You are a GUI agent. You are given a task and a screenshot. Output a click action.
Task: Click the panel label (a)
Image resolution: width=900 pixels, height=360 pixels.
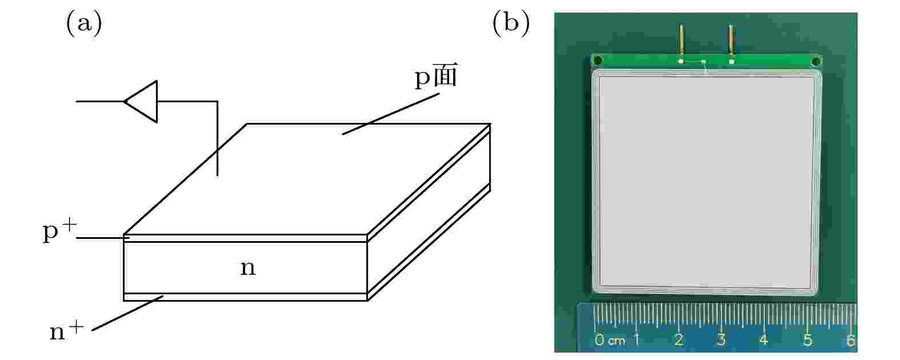click(x=84, y=23)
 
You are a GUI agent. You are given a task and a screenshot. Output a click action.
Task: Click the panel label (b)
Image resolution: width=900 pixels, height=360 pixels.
click(x=511, y=23)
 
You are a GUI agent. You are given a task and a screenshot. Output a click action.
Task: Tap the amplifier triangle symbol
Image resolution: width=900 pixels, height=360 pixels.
click(x=141, y=102)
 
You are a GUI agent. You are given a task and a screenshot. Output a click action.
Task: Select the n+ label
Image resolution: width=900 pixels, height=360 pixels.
click(x=67, y=331)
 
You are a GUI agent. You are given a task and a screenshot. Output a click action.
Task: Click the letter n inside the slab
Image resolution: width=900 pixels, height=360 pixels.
click(x=248, y=268)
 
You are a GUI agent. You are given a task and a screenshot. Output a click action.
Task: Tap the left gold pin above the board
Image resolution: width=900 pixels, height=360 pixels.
click(x=681, y=40)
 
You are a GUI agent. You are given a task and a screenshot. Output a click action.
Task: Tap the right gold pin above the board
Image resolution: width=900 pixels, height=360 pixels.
click(x=731, y=40)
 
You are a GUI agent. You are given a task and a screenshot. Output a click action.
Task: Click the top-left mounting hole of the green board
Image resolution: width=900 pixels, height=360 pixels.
click(x=598, y=61)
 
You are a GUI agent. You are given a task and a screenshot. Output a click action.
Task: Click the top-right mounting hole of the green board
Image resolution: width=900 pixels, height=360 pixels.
click(x=816, y=62)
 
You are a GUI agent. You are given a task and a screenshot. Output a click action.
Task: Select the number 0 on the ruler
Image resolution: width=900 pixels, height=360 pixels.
click(x=599, y=340)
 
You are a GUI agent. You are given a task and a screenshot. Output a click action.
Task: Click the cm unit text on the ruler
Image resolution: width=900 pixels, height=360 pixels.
click(x=617, y=342)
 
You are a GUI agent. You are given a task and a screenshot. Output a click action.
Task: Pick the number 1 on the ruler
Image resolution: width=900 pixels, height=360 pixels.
click(x=637, y=340)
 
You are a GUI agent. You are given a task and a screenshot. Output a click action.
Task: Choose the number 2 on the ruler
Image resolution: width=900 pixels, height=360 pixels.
click(x=679, y=340)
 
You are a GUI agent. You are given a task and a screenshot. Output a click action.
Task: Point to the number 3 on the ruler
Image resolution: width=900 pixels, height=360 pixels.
click(x=721, y=340)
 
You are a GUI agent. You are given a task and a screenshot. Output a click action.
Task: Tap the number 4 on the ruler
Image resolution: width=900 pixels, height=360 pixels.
click(x=764, y=340)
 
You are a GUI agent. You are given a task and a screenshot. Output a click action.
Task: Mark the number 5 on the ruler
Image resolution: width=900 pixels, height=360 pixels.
click(x=807, y=340)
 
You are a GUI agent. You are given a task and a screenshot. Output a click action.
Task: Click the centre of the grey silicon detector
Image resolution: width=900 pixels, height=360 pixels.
click(x=706, y=182)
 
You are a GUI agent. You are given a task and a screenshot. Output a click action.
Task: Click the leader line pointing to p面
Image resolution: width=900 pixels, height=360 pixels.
click(x=390, y=114)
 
